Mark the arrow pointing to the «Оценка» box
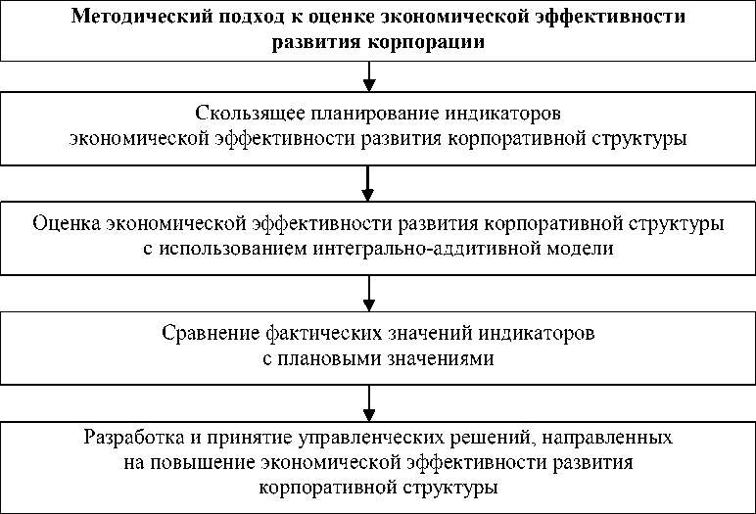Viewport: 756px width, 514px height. point(368,182)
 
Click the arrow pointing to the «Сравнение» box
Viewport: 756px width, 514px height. point(368,292)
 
